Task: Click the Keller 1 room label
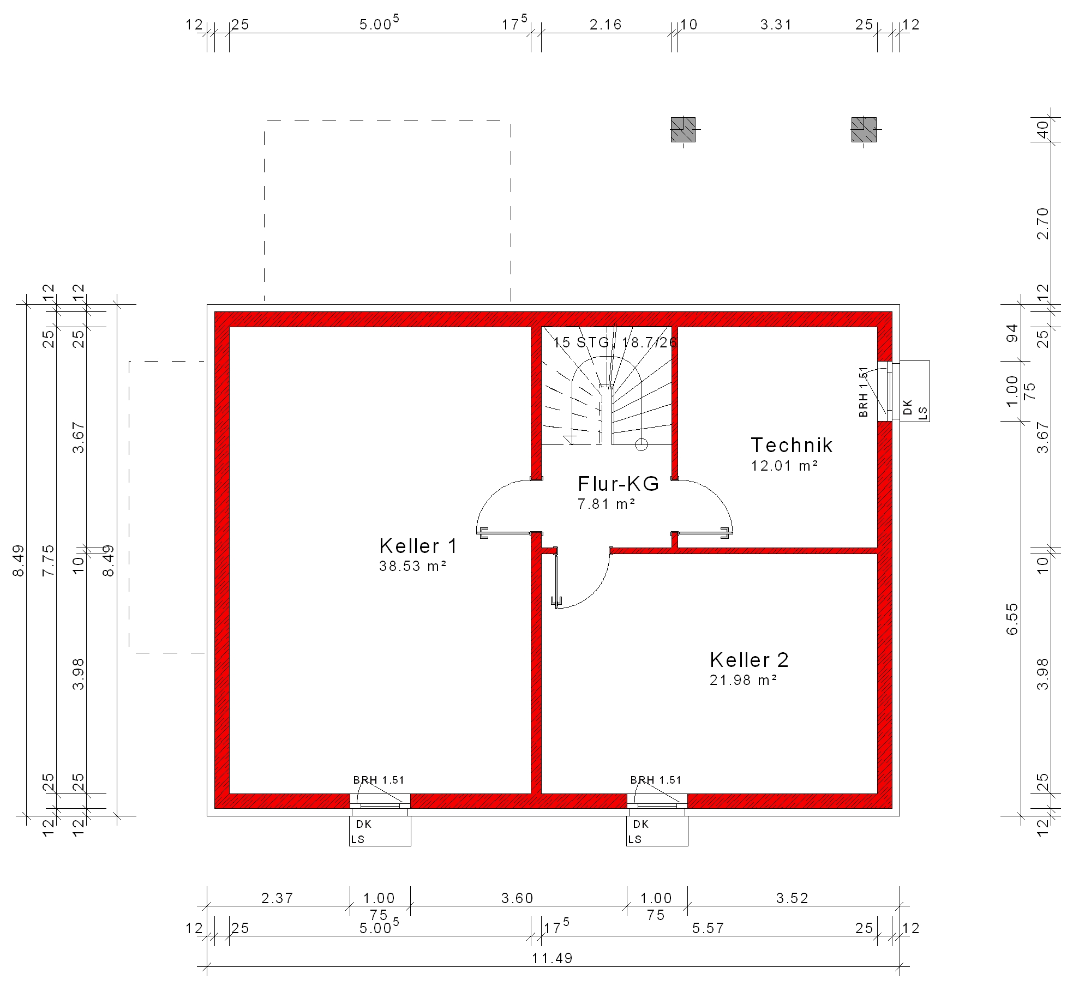tap(418, 546)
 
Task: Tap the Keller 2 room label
tap(749, 660)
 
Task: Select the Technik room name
tap(792, 445)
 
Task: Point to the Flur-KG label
tap(619, 483)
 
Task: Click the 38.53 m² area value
tap(413, 566)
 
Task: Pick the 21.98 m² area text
tap(743, 680)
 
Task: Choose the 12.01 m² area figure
tap(784, 466)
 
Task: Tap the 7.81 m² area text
tap(607, 504)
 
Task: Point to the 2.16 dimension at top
tap(606, 25)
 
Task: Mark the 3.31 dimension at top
tap(776, 25)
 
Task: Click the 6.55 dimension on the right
tap(1012, 618)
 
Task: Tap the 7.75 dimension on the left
tap(49, 560)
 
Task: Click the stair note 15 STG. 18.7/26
tap(615, 342)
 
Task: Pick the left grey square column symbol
tap(683, 129)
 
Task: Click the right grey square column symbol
tap(864, 129)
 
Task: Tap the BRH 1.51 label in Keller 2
tap(656, 780)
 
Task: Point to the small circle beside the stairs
tap(642, 445)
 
